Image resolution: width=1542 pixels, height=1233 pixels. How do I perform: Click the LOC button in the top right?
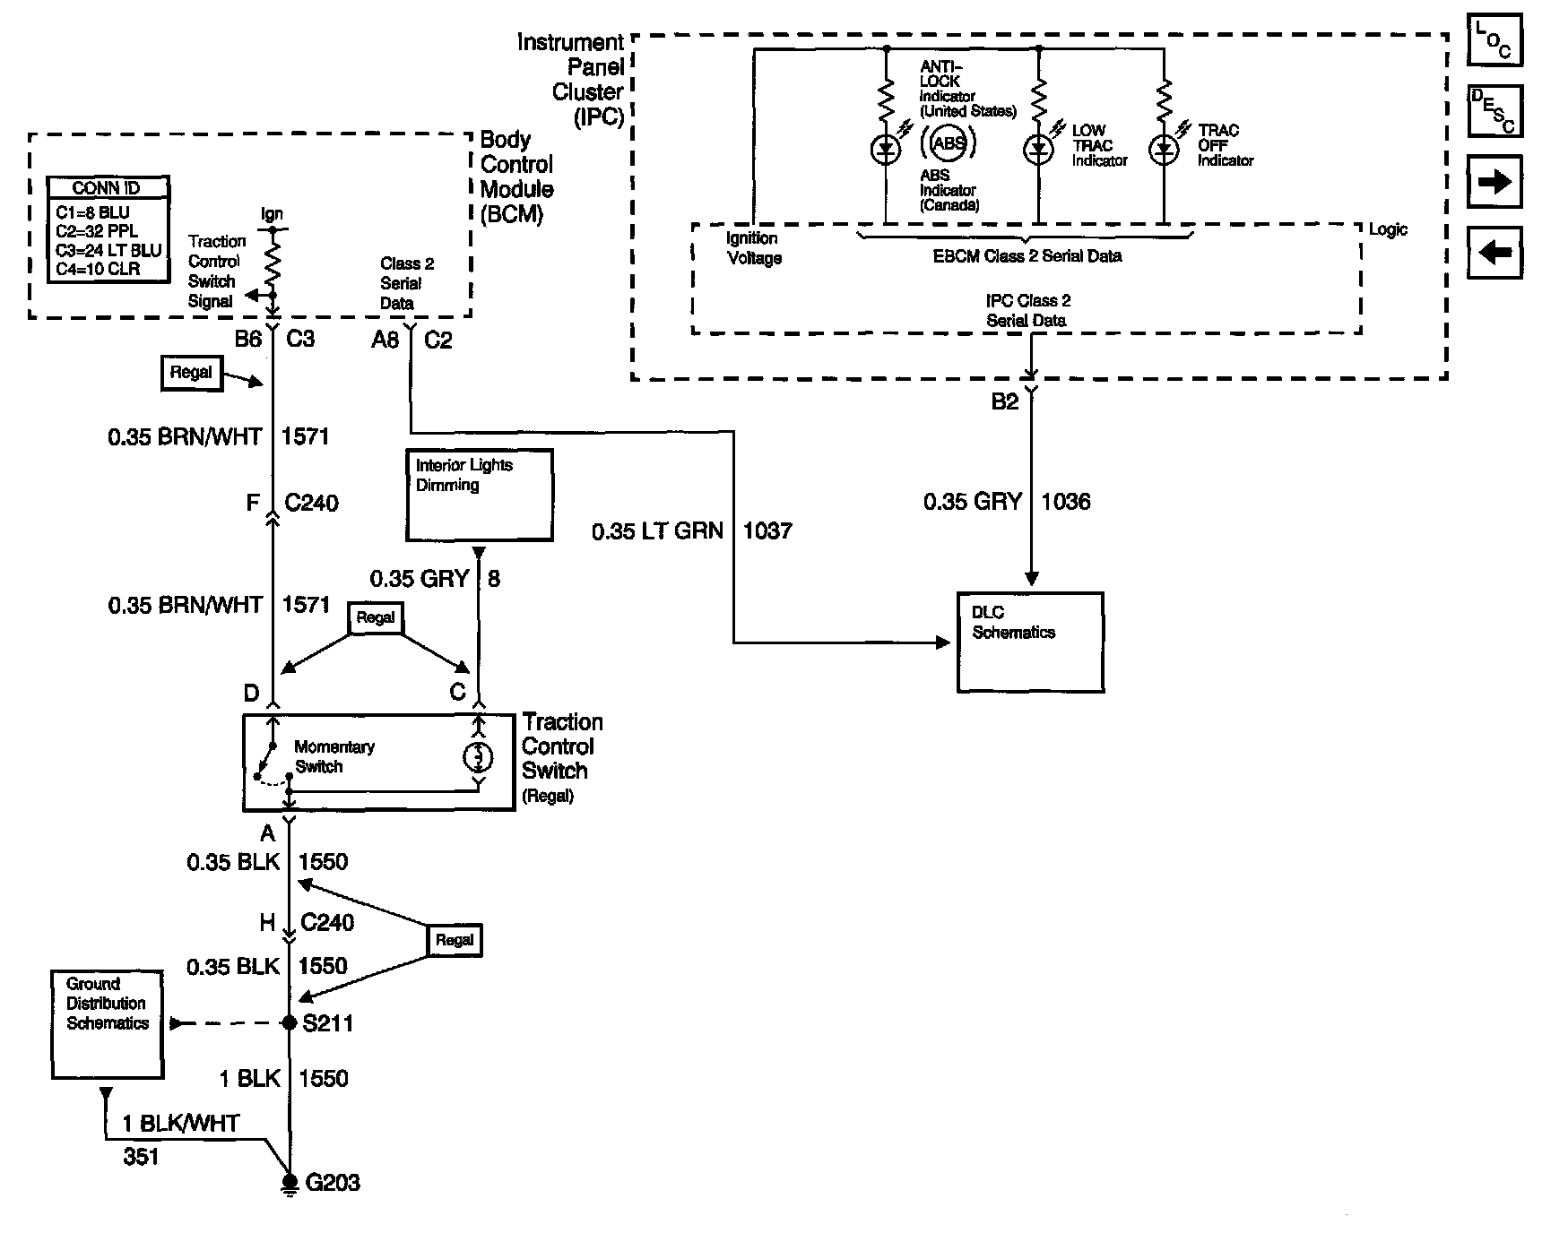pyautogui.click(x=1494, y=40)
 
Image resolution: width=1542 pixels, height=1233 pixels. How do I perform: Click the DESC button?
pyautogui.click(x=1494, y=111)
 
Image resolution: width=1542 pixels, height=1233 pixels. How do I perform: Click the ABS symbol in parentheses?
pyautogui.click(x=949, y=142)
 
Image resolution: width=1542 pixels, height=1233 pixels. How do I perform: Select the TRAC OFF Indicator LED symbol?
pyautogui.click(x=1164, y=151)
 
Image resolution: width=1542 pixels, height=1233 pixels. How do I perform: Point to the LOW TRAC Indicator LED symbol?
pyautogui.click(x=1038, y=151)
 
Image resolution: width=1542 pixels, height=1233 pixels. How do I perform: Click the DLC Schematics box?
pyautogui.click(x=1030, y=642)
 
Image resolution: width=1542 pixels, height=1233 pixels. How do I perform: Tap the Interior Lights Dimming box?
pyautogui.click(x=479, y=495)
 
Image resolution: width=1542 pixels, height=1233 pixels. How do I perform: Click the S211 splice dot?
pyautogui.click(x=290, y=1022)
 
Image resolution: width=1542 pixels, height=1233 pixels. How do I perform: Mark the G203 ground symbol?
pyautogui.click(x=289, y=1183)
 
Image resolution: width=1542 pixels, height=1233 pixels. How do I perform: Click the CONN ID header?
pyautogui.click(x=108, y=188)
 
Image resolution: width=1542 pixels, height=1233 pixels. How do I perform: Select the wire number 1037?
pyautogui.click(x=767, y=530)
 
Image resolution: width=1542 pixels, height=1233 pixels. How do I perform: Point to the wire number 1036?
pyautogui.click(x=1065, y=502)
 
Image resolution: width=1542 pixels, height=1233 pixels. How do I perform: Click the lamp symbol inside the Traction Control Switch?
pyautogui.click(x=477, y=758)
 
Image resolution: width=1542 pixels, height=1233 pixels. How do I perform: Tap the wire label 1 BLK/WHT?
pyautogui.click(x=181, y=1124)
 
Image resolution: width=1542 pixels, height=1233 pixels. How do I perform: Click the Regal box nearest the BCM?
pyautogui.click(x=191, y=373)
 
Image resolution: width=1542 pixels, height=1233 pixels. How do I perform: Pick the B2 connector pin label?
pyautogui.click(x=1004, y=402)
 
